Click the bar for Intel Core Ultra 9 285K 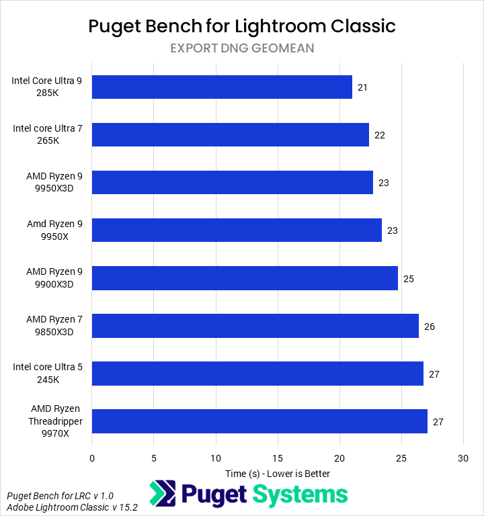click(222, 87)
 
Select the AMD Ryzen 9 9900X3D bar click(245, 277)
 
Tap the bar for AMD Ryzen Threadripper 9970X click(259, 421)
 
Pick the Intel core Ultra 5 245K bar click(257, 373)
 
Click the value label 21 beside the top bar click(362, 87)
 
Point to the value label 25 click(408, 278)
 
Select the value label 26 click(429, 326)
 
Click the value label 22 click(379, 135)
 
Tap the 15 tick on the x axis click(278, 458)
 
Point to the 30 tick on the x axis click(462, 458)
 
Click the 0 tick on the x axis click(92, 458)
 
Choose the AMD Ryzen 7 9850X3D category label click(54, 325)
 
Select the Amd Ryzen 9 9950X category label click(54, 230)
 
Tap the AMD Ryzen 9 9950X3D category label click(54, 182)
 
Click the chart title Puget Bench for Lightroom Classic click(242, 26)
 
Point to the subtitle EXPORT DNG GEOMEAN click(242, 48)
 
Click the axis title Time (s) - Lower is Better click(278, 474)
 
